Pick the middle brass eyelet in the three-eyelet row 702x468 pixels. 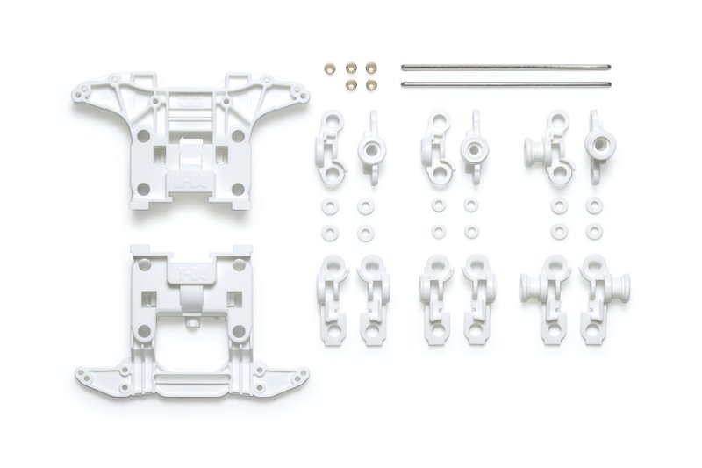point(351,67)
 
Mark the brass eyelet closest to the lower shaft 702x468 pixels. point(370,84)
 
